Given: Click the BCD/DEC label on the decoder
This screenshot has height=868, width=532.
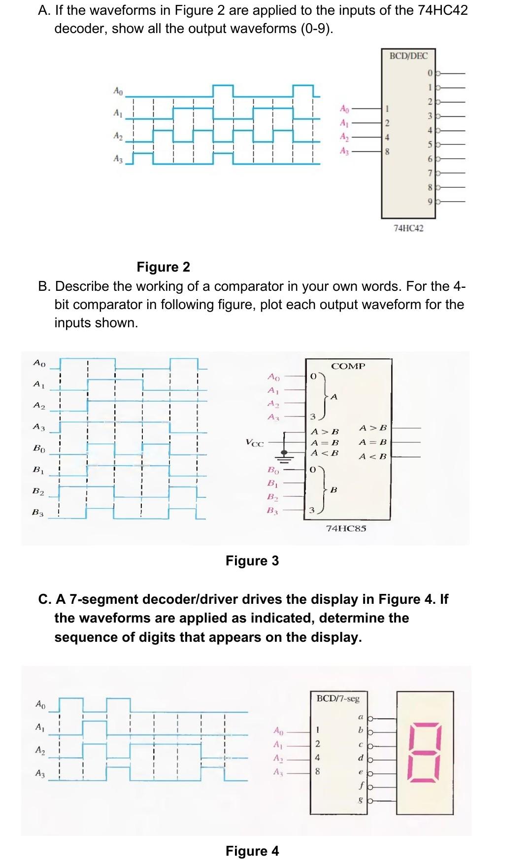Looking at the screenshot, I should [408, 56].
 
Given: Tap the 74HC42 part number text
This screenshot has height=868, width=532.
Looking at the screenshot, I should [408, 228].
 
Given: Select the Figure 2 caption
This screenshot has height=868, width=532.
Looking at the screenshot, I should [163, 267].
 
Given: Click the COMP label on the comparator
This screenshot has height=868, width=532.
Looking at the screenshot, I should [348, 366].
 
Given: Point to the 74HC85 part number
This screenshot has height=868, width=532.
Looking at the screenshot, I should [346, 528].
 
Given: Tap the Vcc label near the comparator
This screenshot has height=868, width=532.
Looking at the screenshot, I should [254, 443].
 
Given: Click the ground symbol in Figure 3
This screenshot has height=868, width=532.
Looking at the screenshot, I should [284, 454].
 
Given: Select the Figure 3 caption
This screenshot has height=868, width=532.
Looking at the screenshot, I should [252, 561].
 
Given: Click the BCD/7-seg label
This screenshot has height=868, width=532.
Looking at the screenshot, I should [338, 698].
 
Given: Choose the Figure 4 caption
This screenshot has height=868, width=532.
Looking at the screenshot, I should [252, 851].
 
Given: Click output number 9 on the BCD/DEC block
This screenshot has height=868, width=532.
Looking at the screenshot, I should [430, 201].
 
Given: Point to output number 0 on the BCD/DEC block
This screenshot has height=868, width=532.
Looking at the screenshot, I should [430, 73].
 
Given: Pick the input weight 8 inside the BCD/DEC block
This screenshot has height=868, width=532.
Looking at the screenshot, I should [387, 152].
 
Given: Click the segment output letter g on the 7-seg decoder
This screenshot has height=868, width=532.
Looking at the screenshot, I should [361, 801].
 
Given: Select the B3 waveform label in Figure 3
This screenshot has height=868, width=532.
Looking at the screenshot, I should [38, 513].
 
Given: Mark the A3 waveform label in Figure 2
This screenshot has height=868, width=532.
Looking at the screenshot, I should [118, 159].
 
